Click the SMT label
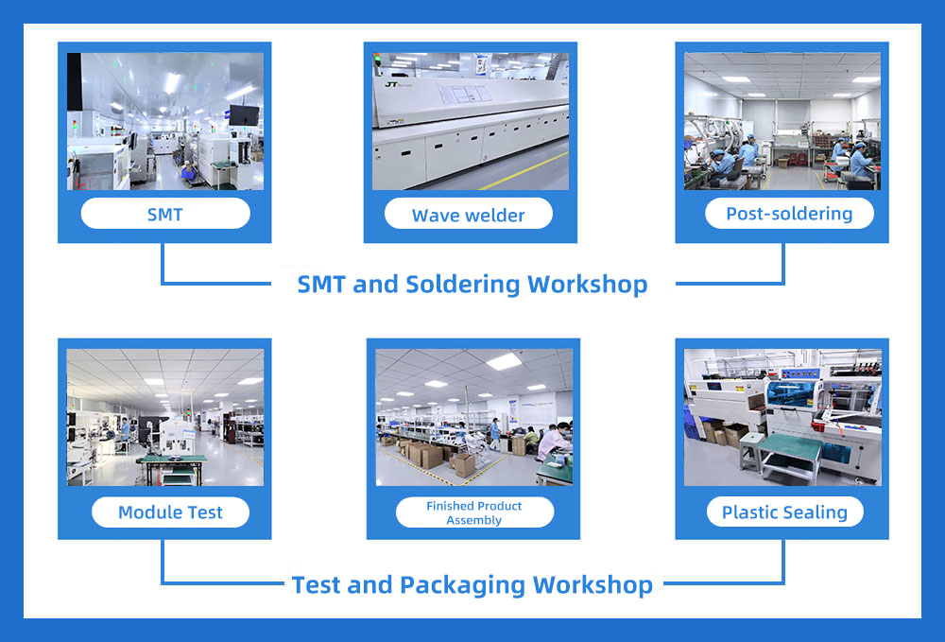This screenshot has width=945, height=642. tap(165, 214)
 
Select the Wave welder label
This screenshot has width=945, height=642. tap(469, 216)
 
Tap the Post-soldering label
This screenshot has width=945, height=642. tap(789, 214)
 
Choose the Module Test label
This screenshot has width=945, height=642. tap(170, 512)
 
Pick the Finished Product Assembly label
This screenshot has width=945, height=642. tap(473, 513)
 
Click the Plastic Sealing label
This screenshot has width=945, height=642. tap(784, 512)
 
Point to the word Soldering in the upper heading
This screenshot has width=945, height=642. tap(463, 285)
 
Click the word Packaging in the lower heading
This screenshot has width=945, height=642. tap(463, 585)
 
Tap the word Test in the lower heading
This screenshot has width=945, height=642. tap(316, 584)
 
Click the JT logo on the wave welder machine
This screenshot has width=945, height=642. tap(391, 84)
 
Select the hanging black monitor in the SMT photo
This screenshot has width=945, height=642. tap(244, 115)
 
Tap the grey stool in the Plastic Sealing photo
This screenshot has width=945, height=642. tap(751, 450)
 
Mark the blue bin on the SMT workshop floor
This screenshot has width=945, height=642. tap(189, 173)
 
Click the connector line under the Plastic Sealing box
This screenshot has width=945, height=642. tap(724, 583)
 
